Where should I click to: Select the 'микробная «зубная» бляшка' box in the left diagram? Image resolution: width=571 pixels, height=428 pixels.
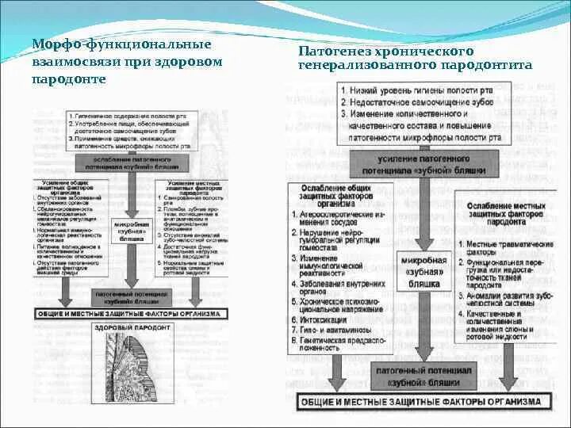tap(131, 230)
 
